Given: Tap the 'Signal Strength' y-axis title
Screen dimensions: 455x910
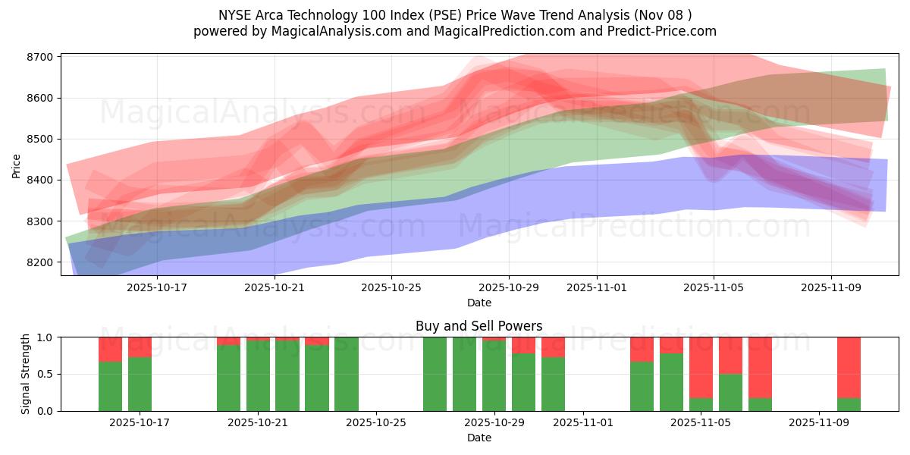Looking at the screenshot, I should tap(26, 374).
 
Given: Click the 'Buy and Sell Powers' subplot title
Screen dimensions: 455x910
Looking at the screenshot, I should tap(479, 326).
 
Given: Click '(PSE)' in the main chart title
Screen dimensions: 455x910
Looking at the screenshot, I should tap(430, 14).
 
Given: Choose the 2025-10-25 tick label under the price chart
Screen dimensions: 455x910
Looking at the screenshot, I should tap(391, 287).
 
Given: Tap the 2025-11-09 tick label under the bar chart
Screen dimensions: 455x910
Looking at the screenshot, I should tap(819, 423).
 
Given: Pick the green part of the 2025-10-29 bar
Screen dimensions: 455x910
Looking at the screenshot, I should tap(494, 375).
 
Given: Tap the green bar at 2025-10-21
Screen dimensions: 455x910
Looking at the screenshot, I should tap(258, 375).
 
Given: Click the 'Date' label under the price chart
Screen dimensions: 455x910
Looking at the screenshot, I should tap(479, 303).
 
